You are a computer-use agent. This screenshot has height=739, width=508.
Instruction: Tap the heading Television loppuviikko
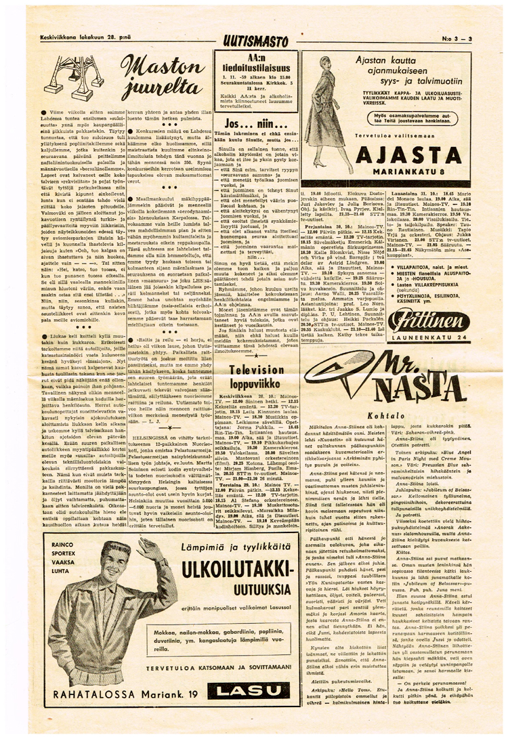coord(256,376)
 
